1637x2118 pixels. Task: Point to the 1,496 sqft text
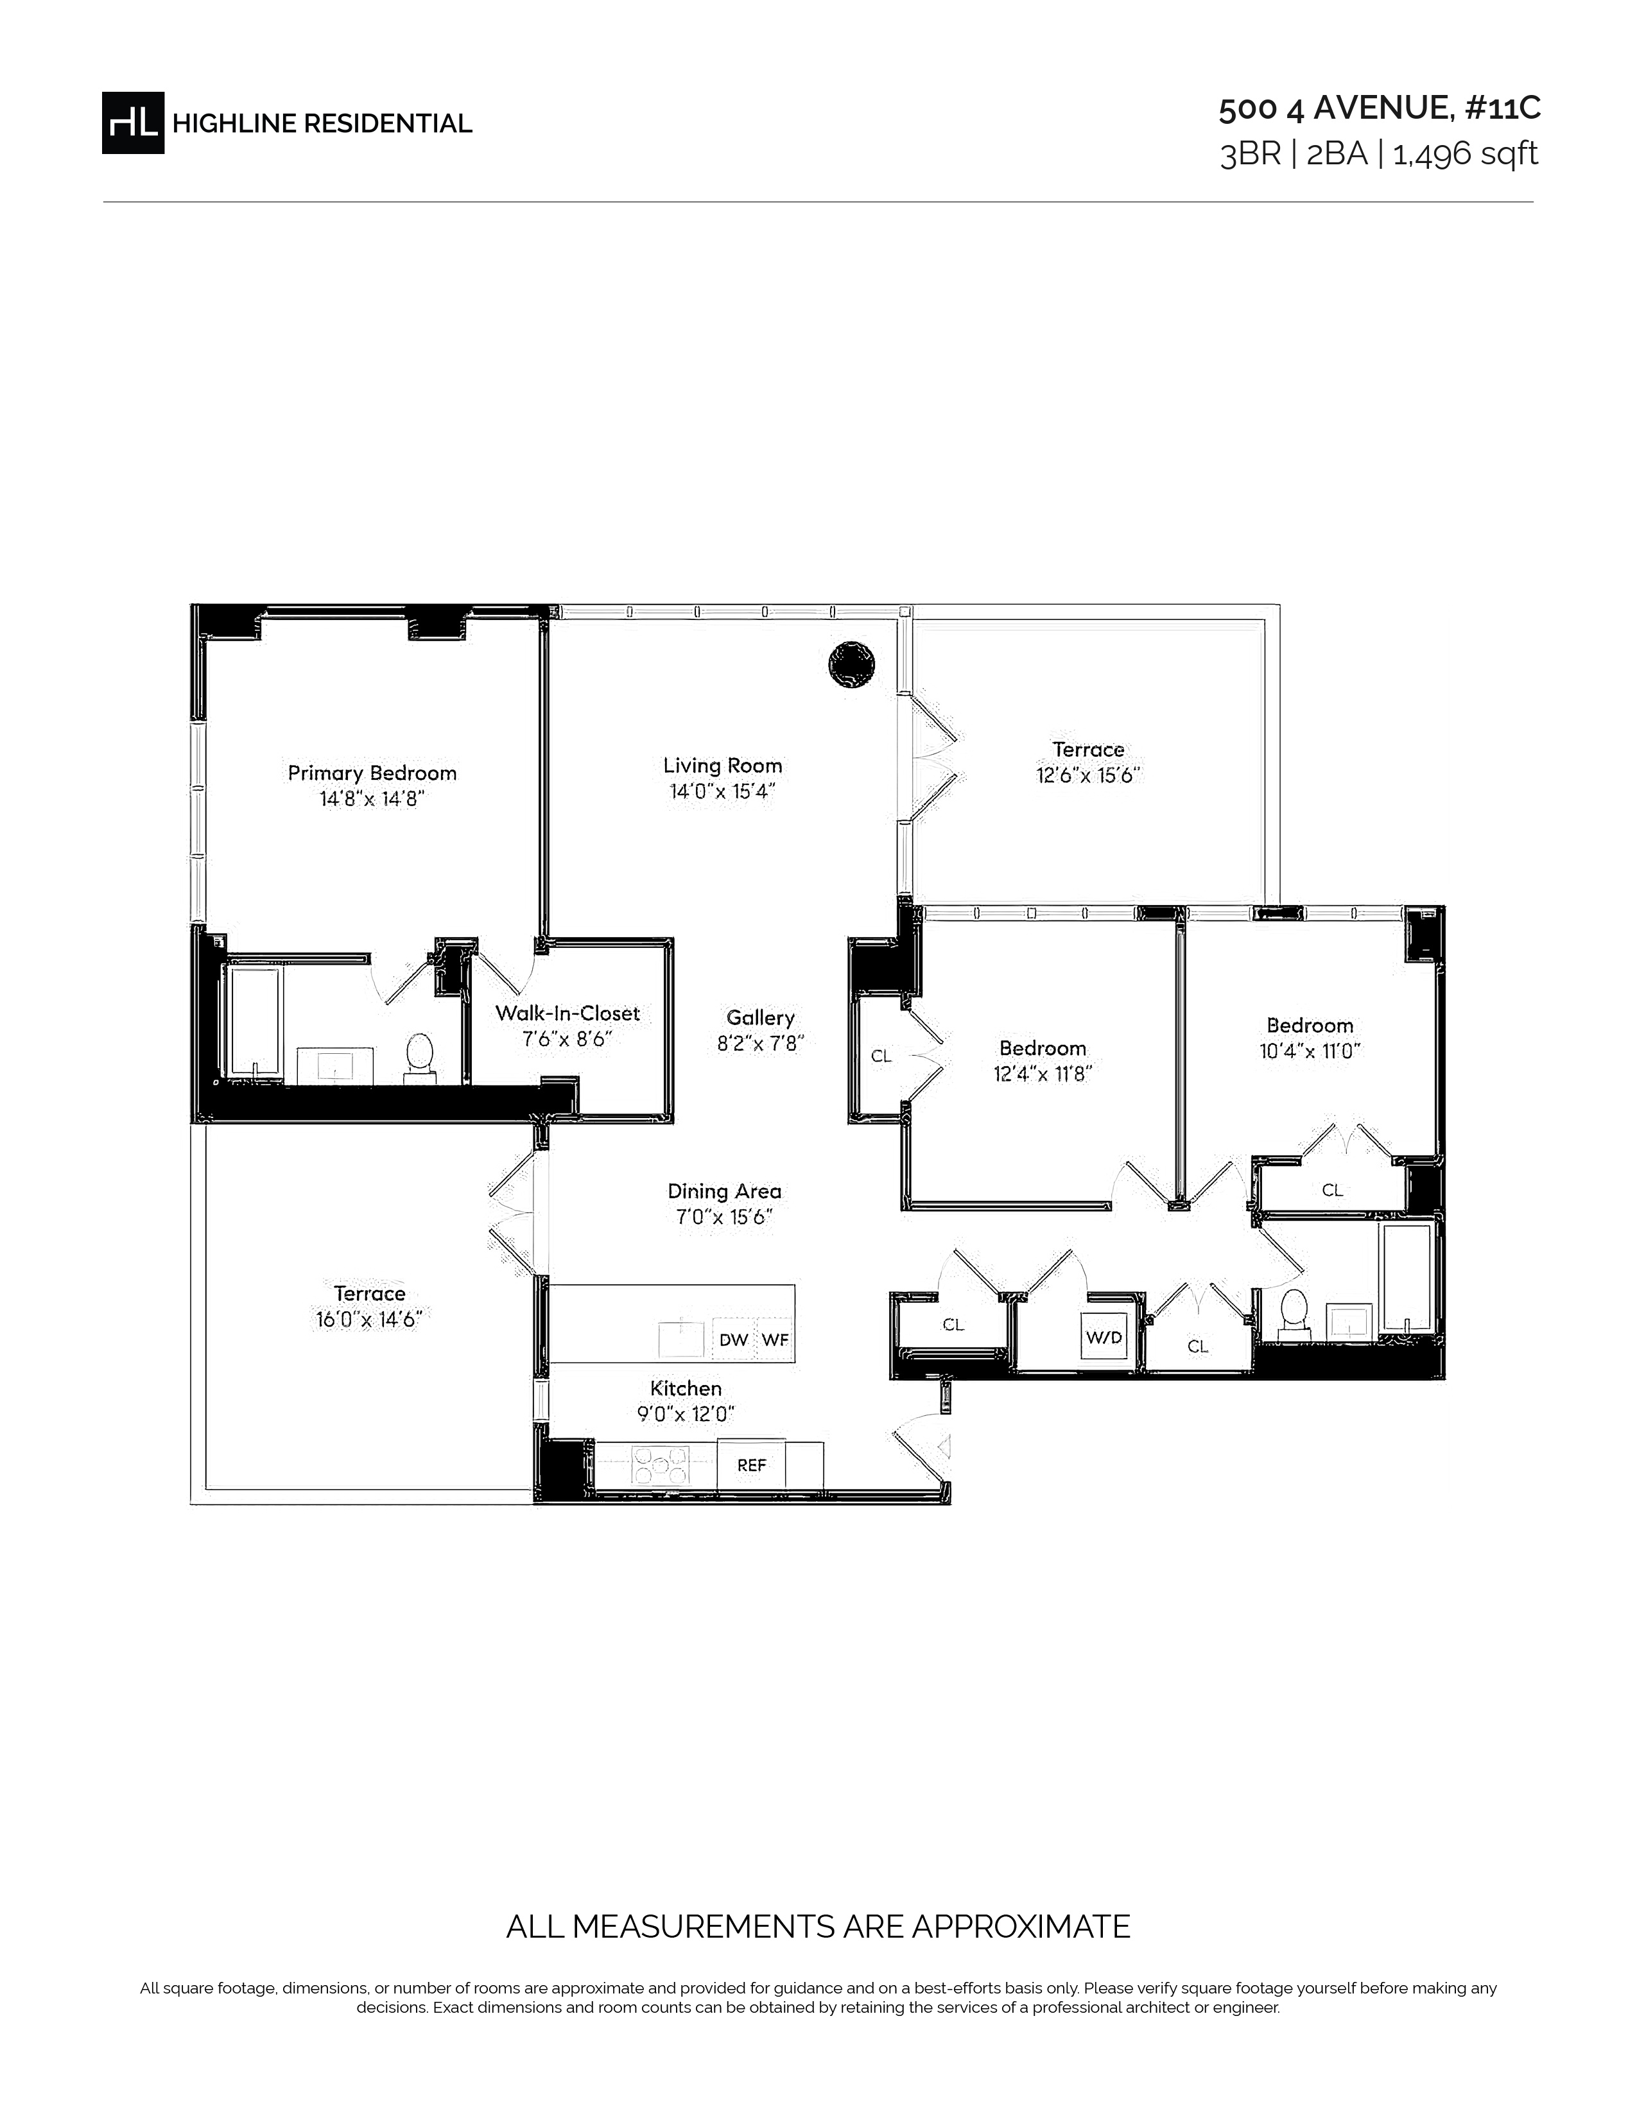(1466, 154)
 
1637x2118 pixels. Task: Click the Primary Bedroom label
(372, 773)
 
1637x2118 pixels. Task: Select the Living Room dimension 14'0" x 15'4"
(722, 791)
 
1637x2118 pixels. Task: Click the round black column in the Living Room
(851, 664)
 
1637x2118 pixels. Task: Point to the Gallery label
(760, 1017)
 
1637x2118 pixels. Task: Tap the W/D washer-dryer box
(1104, 1338)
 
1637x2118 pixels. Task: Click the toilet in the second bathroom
(1293, 1315)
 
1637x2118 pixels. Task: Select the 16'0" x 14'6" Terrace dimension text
(370, 1319)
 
